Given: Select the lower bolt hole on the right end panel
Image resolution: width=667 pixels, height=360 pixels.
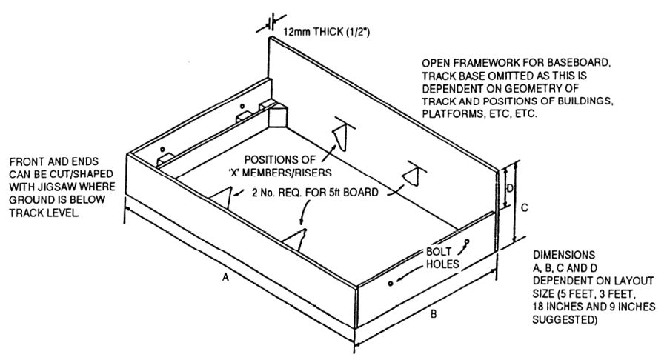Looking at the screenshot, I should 391,282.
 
